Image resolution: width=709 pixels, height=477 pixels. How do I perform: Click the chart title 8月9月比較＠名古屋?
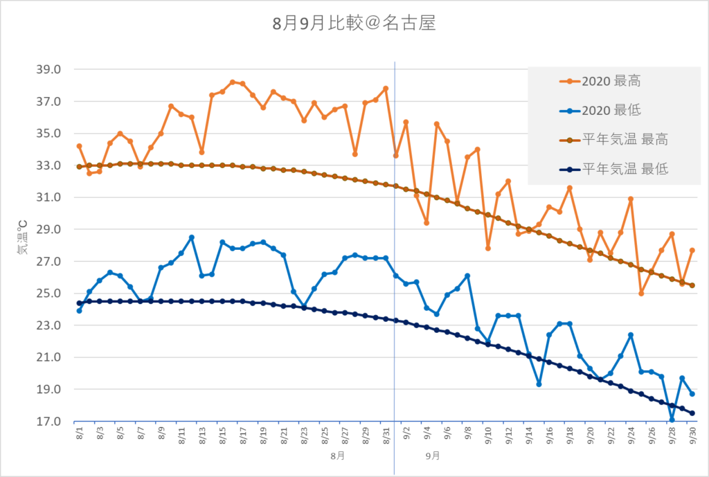tap(354, 24)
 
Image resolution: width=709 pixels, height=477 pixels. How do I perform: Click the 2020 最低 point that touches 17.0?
tap(672, 420)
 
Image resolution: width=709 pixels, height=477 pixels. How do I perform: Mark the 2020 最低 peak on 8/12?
tap(192, 237)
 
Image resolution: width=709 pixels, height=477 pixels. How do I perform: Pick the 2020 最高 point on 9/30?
tap(692, 251)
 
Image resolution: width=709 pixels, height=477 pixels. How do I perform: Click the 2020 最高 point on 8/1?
tap(79, 146)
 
